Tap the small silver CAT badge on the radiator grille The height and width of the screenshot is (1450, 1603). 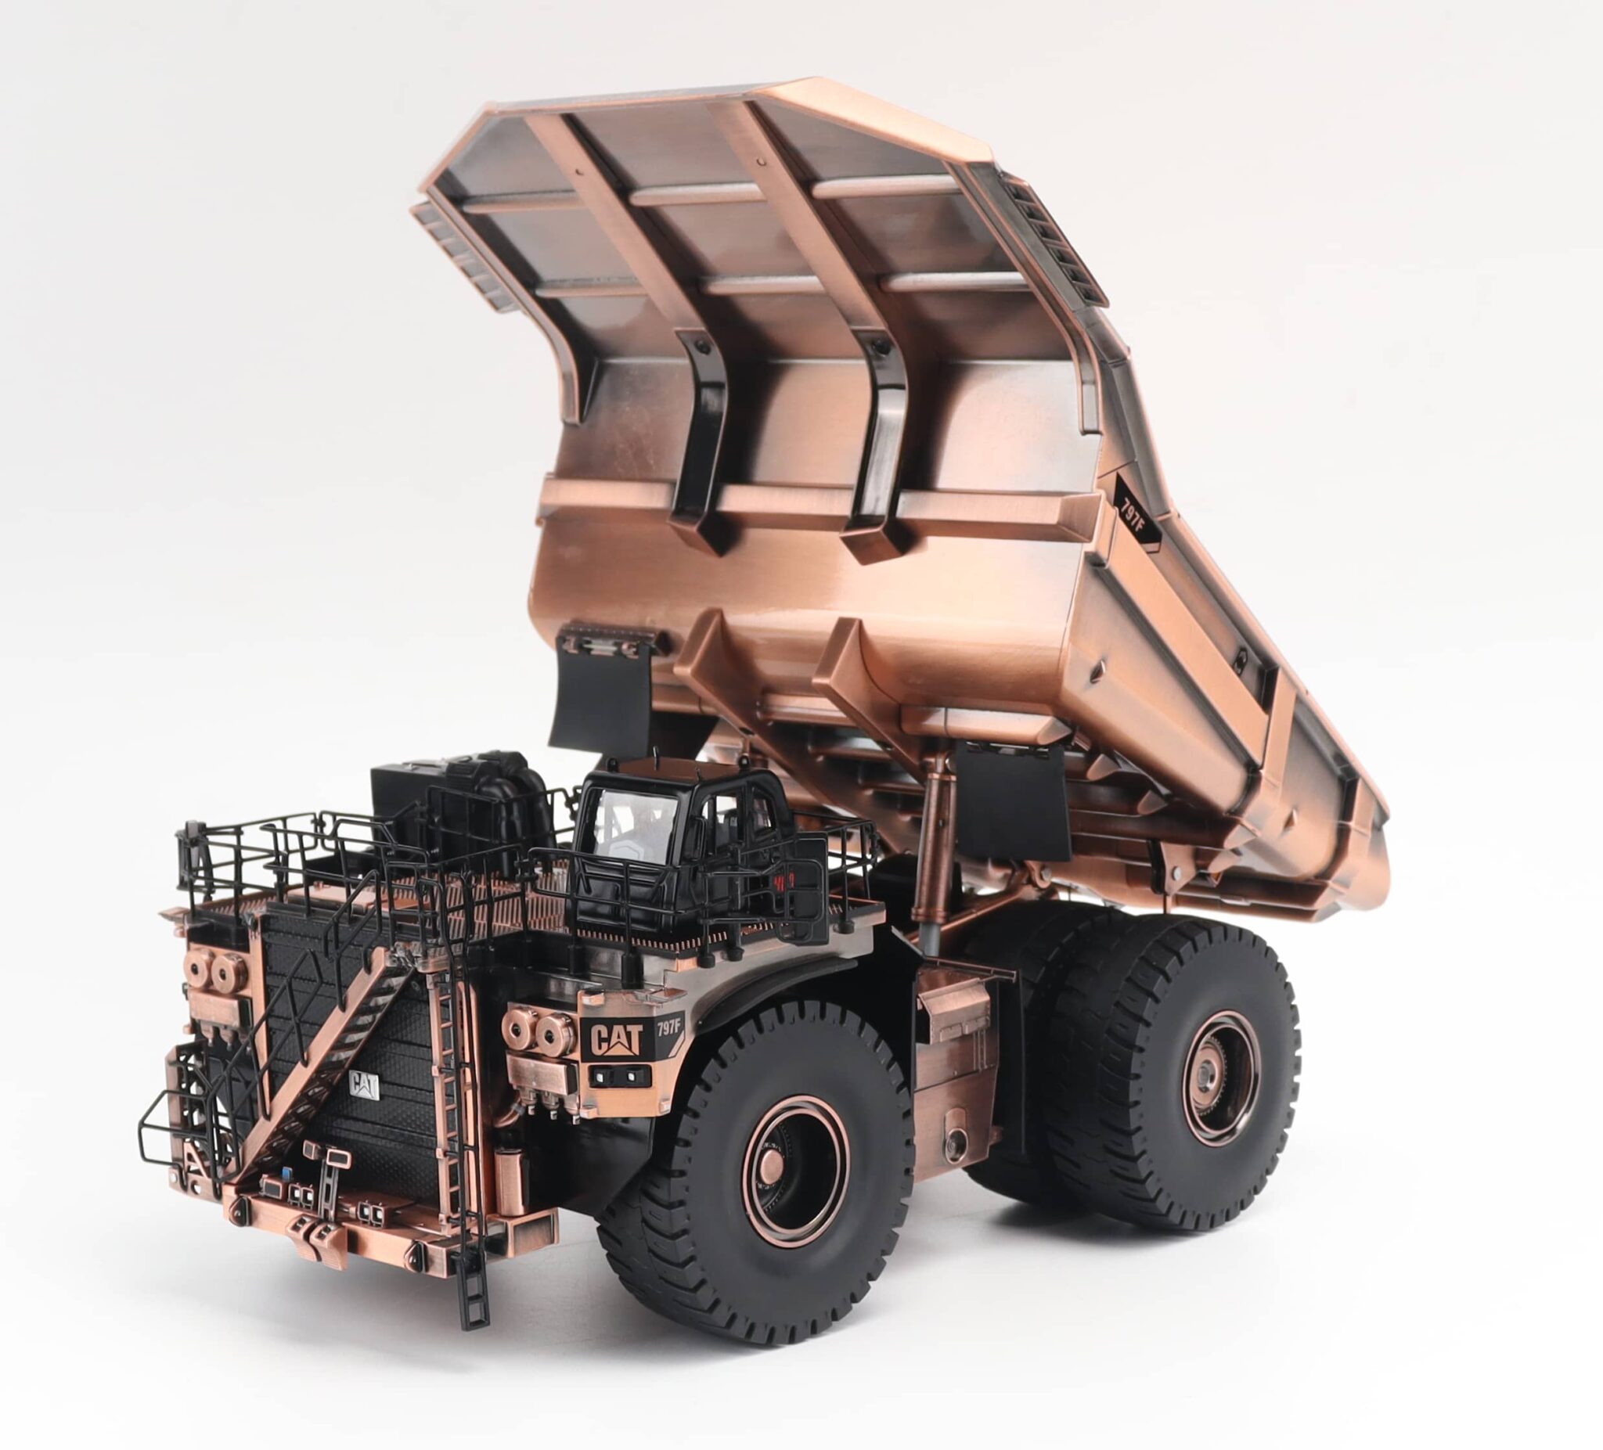click(x=363, y=1085)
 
